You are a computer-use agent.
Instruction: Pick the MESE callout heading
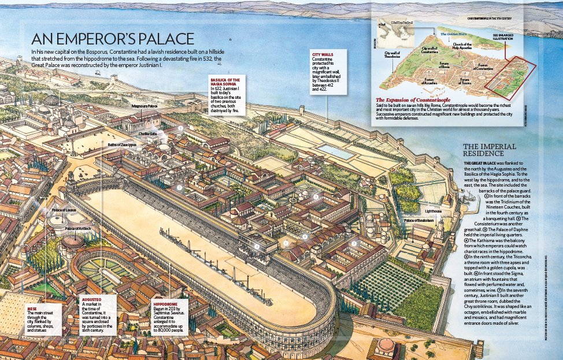pyautogui.click(x=32, y=309)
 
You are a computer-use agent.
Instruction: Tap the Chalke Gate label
pyautogui.click(x=148, y=133)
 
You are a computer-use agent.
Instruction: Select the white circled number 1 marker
pyautogui.click(x=181, y=128)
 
